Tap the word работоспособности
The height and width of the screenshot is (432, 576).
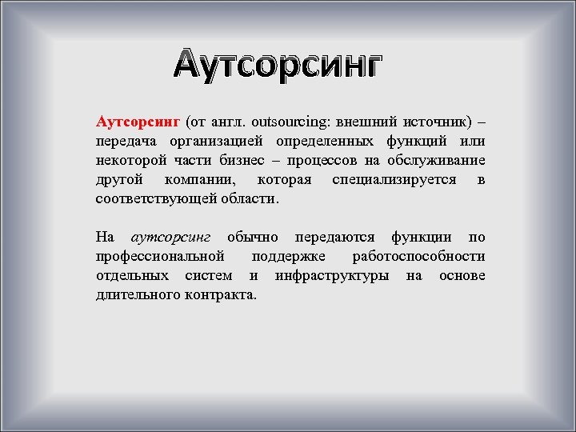click(418, 257)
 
